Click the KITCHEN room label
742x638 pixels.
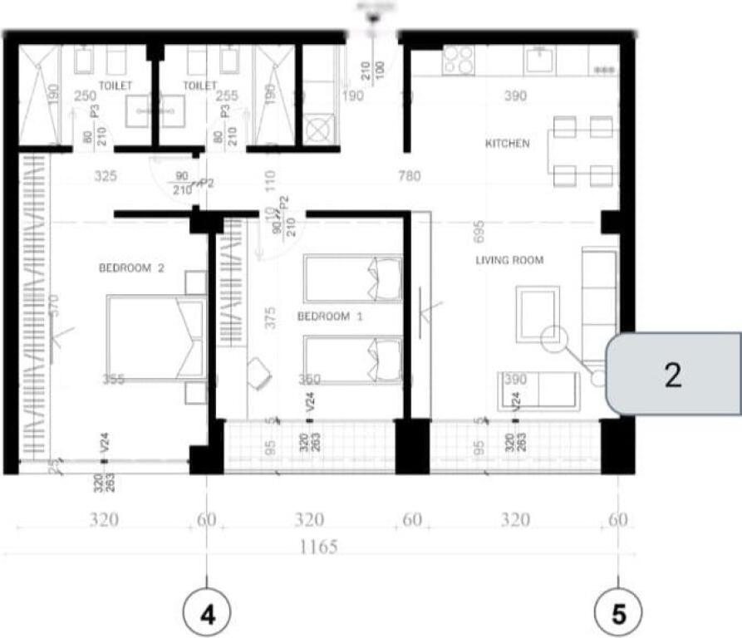pos(507,144)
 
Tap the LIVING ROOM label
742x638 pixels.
pos(509,260)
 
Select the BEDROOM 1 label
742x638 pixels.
pos(323,317)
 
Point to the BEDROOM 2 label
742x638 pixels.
pos(132,268)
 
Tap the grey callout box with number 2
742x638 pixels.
pos(673,374)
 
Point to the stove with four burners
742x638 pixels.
pos(458,59)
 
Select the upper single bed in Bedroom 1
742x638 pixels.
pos(353,279)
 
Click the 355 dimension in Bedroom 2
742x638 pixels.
pos(114,379)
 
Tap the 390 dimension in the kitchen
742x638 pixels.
pos(515,96)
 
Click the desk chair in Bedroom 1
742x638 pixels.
pos(259,373)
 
